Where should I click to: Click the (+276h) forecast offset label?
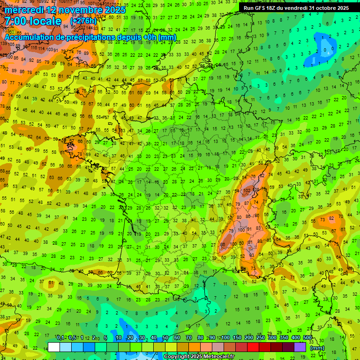[x=83, y=22]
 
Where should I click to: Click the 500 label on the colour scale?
[x=307, y=338]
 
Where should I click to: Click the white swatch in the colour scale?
[x=54, y=347]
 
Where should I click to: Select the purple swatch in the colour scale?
[x=300, y=347]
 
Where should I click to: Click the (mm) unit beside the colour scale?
[x=317, y=348]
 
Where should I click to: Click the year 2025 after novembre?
[x=113, y=10]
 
